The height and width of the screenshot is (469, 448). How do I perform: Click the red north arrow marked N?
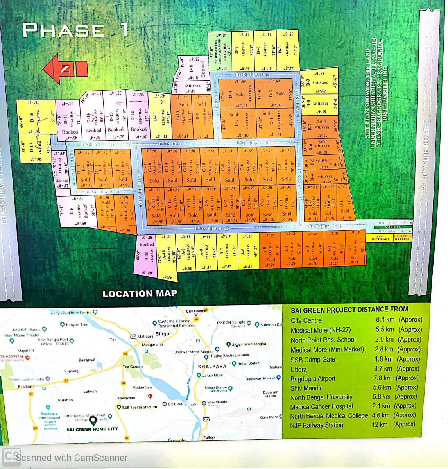[x=65, y=69]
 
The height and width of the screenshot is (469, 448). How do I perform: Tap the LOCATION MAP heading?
[x=140, y=294]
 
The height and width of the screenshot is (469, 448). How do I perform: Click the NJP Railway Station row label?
[x=317, y=425]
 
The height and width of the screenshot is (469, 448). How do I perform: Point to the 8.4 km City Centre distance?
[x=385, y=319]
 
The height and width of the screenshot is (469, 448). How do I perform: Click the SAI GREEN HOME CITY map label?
[x=92, y=429]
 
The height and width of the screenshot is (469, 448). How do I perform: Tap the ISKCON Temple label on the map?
[x=231, y=323]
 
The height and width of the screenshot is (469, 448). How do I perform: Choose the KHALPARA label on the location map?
[x=212, y=367]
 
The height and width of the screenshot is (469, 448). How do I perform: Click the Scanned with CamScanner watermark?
[x=65, y=457]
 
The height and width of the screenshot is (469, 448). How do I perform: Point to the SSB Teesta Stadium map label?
[x=139, y=407]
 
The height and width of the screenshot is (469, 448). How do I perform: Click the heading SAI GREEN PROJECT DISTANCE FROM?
[x=349, y=310]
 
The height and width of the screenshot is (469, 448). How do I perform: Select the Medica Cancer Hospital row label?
[x=321, y=406]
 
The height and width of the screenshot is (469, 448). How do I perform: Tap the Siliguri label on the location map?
[x=164, y=334]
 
